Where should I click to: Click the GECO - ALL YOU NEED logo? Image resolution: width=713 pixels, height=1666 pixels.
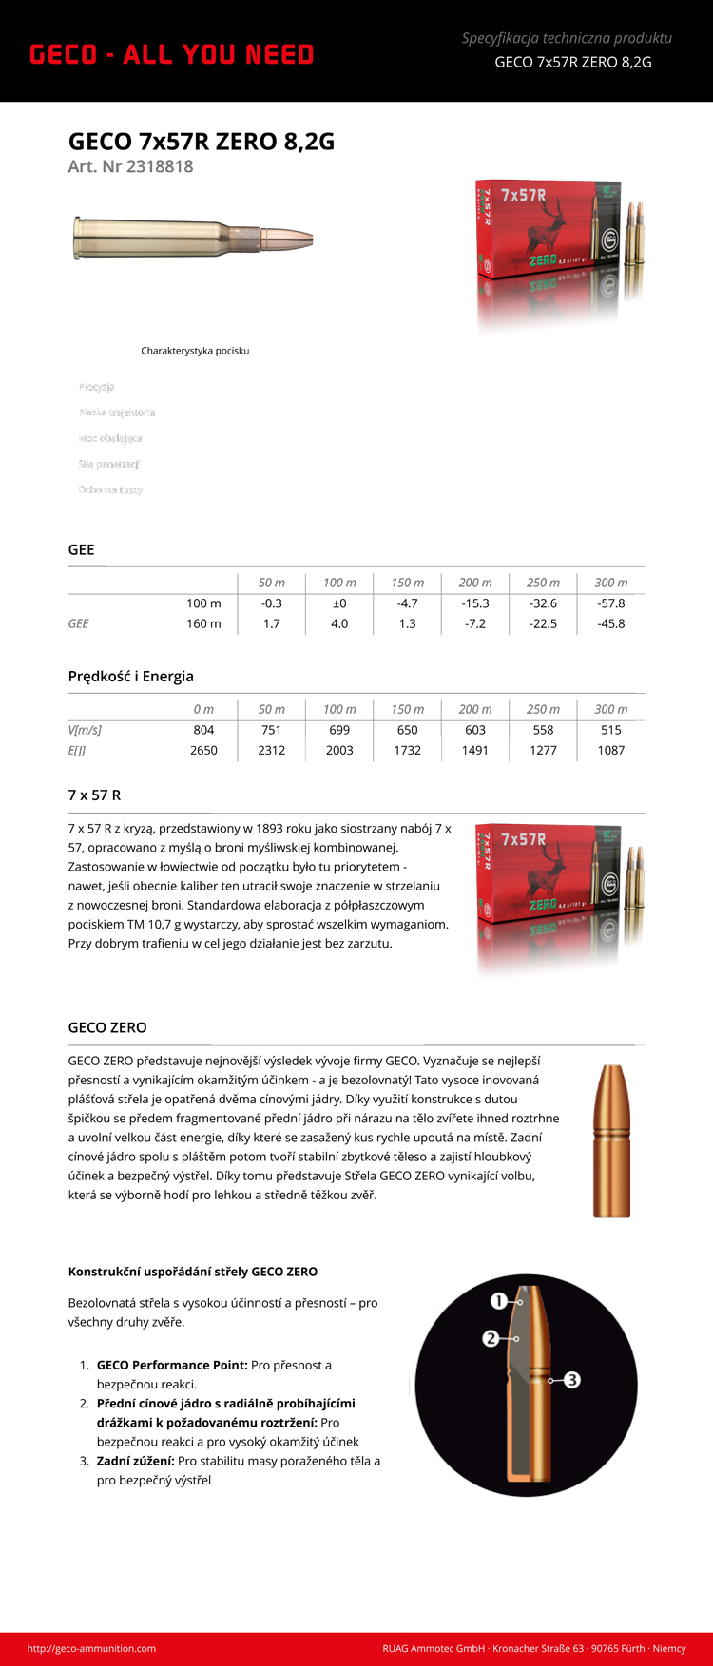point(171,55)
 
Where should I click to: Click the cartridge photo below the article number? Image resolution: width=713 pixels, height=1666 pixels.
point(193,237)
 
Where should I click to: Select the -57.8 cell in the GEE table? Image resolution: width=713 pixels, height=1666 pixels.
point(610,603)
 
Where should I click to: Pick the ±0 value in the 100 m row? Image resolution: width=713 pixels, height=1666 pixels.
point(339,603)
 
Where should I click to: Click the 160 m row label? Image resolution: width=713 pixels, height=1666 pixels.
point(203,624)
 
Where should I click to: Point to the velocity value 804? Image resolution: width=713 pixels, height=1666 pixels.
point(203,730)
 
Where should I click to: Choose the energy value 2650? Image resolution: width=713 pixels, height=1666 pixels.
point(203,751)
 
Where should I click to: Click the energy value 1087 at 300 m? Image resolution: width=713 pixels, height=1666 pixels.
point(610,751)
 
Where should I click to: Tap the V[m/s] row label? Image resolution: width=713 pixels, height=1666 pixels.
point(85,730)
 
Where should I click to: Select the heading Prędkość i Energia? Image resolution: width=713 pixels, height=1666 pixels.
point(130,677)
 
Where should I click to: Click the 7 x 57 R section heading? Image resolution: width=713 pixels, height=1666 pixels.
point(94,795)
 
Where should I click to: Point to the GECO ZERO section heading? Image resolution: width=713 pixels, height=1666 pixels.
point(107,1028)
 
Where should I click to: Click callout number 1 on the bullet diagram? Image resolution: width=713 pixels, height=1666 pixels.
point(499,1300)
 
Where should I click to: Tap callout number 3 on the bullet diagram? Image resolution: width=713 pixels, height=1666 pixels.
point(572,1380)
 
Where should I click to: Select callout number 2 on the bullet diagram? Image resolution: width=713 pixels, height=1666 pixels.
point(491,1338)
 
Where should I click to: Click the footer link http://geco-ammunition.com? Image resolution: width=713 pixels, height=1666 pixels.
point(91,1649)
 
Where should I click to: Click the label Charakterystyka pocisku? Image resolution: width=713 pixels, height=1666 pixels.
point(195,351)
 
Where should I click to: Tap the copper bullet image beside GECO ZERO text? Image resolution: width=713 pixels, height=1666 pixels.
point(611,1140)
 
